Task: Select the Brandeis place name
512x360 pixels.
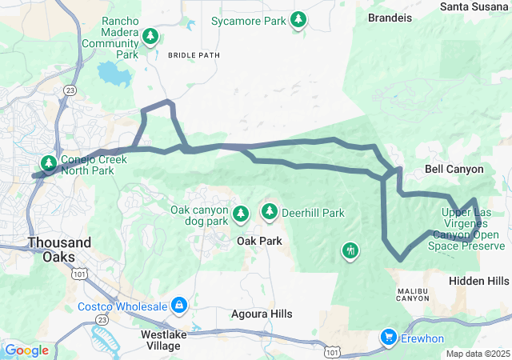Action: pos(390,17)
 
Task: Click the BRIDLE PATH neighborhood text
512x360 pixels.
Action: pos(194,55)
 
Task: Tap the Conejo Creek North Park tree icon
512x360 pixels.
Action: pos(50,164)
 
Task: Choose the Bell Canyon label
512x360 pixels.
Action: pos(454,170)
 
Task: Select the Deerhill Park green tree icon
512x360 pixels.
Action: pos(270,212)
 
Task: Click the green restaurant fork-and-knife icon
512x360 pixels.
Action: pos(350,251)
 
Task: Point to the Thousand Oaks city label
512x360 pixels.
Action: pos(59,242)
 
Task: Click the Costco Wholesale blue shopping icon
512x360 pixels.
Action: pos(179,306)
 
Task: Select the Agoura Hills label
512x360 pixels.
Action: pos(259,314)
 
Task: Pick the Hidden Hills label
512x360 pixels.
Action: pos(478,282)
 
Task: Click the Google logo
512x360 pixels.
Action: pos(26,350)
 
